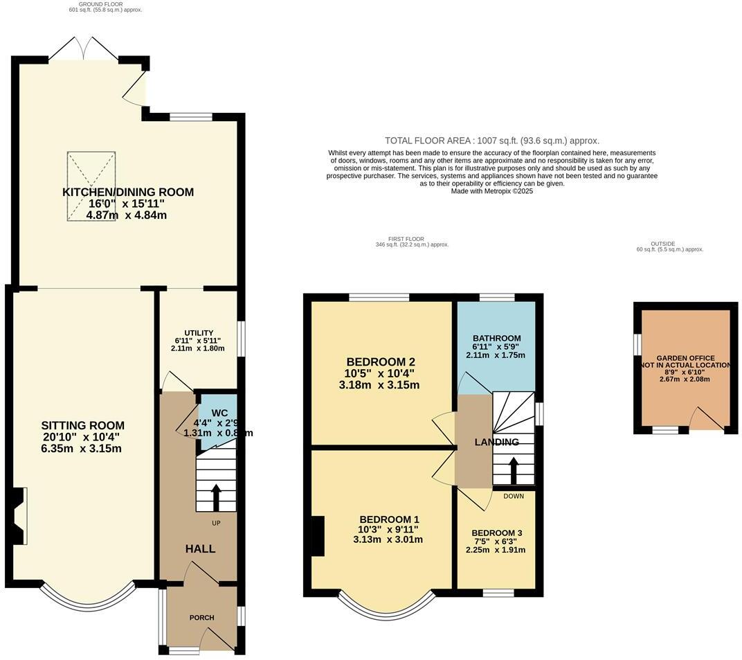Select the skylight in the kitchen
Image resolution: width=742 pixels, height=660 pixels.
[91, 186]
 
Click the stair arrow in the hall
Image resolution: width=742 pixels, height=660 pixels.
[216, 496]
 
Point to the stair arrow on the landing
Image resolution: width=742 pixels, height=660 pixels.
[513, 470]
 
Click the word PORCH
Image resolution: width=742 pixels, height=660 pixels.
[201, 617]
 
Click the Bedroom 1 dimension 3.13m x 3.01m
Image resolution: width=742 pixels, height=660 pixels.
[388, 539]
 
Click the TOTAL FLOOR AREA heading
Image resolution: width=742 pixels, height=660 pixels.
[492, 141]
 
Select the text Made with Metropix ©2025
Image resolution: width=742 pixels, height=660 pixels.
[492, 191]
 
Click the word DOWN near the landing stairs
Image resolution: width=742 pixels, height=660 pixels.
[514, 496]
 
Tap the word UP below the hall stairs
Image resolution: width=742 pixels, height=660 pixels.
[216, 523]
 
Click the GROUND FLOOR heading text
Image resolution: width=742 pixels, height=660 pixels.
[93, 4]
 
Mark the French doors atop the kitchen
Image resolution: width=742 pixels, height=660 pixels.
[84, 48]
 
